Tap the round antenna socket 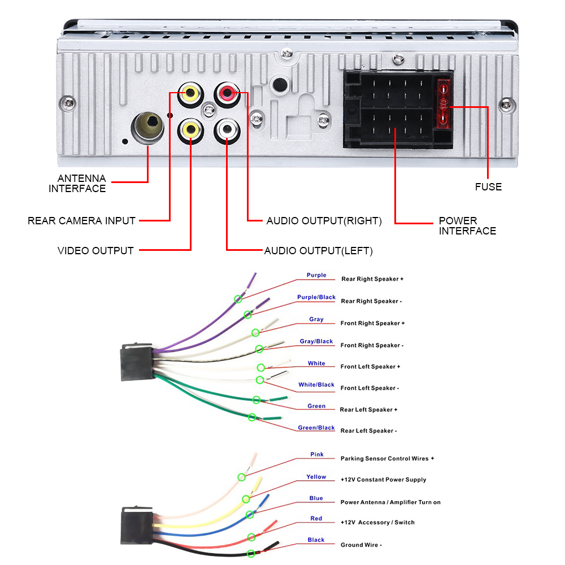click(147, 127)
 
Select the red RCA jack click(227, 94)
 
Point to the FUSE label click(488, 187)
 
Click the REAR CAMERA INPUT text click(81, 221)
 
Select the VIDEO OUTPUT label click(95, 250)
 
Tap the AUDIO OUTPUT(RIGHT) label click(324, 221)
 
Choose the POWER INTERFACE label click(467, 225)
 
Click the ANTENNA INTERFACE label click(77, 184)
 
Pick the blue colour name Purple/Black click(316, 297)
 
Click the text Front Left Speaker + click(370, 367)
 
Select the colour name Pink click(317, 454)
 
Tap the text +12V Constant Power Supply click(383, 480)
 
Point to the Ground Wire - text click(361, 545)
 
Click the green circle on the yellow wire click(246, 499)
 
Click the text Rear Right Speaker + click(372, 279)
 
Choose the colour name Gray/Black click(316, 341)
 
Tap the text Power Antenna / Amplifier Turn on click(390, 502)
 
